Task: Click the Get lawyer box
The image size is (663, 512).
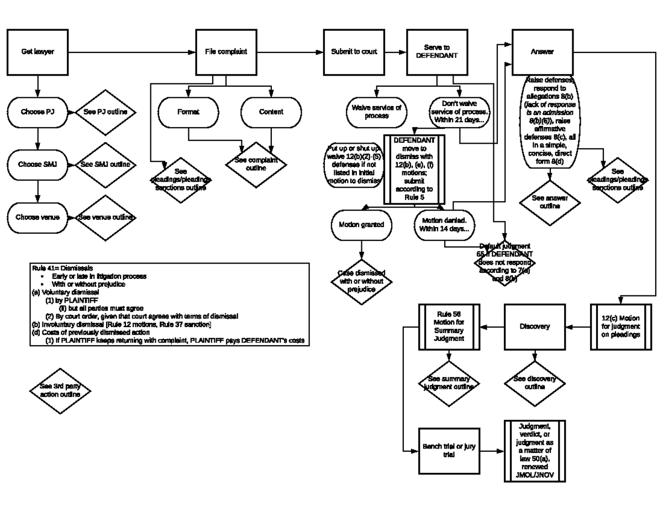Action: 38,52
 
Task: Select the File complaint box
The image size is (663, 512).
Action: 226,52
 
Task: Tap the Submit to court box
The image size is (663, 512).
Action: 354,52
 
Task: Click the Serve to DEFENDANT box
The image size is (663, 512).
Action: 436,52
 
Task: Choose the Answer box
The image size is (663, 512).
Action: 542,52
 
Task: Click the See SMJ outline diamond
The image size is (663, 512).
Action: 105,165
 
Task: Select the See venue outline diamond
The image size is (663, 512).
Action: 105,218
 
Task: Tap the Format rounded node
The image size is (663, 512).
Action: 188,112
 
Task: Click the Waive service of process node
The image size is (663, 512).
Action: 373,112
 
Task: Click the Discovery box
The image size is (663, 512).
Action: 535,326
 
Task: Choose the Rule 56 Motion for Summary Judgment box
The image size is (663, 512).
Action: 449,326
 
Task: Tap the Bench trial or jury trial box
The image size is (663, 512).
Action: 449,451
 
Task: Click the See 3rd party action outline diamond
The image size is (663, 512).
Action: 60,390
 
